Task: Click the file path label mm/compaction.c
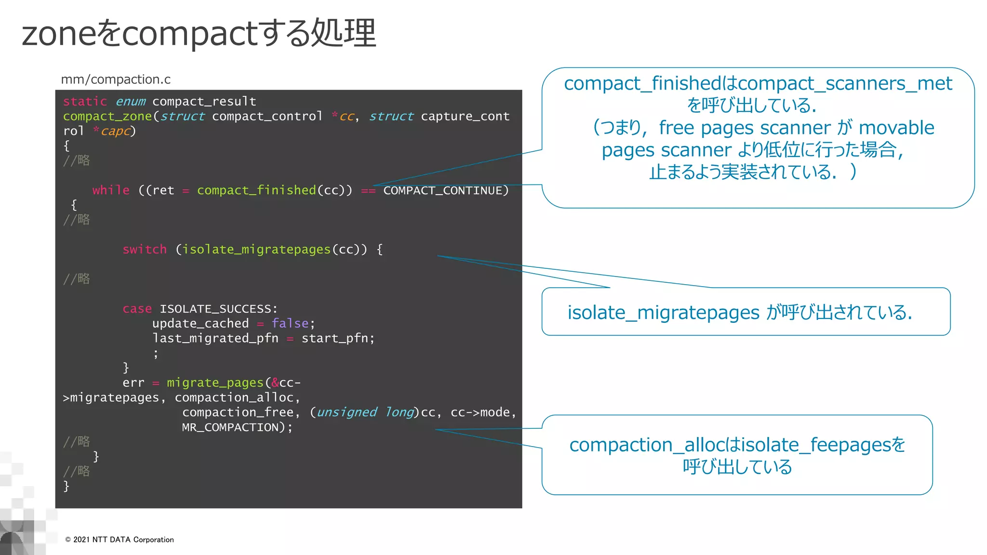click(x=116, y=79)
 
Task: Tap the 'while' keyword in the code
click(x=111, y=190)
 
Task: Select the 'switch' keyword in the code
click(x=145, y=250)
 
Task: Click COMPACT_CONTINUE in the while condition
click(x=442, y=191)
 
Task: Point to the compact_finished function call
click(x=256, y=190)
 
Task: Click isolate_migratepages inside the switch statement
click(x=256, y=250)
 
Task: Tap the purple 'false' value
click(x=290, y=323)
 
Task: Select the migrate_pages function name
click(x=215, y=383)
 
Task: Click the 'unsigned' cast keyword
click(x=347, y=412)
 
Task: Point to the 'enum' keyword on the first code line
click(x=130, y=102)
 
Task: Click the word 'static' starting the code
click(x=85, y=102)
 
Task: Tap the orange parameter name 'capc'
click(x=116, y=131)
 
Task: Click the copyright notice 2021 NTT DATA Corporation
click(x=120, y=540)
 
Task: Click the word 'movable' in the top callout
click(x=896, y=128)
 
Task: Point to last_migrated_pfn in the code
click(x=215, y=338)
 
